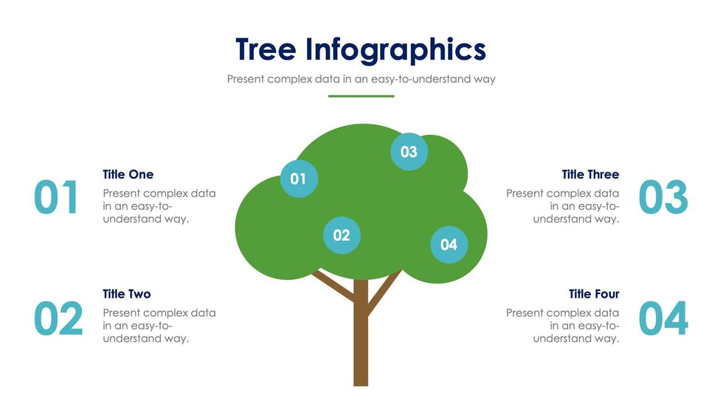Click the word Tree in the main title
pos(266,49)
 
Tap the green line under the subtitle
pos(361,97)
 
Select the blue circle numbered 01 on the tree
pos(299,178)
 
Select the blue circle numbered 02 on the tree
pos(342,235)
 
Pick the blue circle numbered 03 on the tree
pos(409,152)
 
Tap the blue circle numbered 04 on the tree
pos(449,245)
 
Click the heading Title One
pos(128,175)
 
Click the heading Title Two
pos(127,294)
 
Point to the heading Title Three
pos(590,175)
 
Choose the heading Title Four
pos(594,294)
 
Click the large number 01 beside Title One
pos(56,197)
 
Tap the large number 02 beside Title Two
pos(58,318)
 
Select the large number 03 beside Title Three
pos(663,197)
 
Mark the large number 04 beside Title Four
pos(663,318)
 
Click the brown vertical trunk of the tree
pos(361,332)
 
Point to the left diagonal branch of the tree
pos(333,285)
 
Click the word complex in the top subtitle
pos(289,79)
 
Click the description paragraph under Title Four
pos(562,326)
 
